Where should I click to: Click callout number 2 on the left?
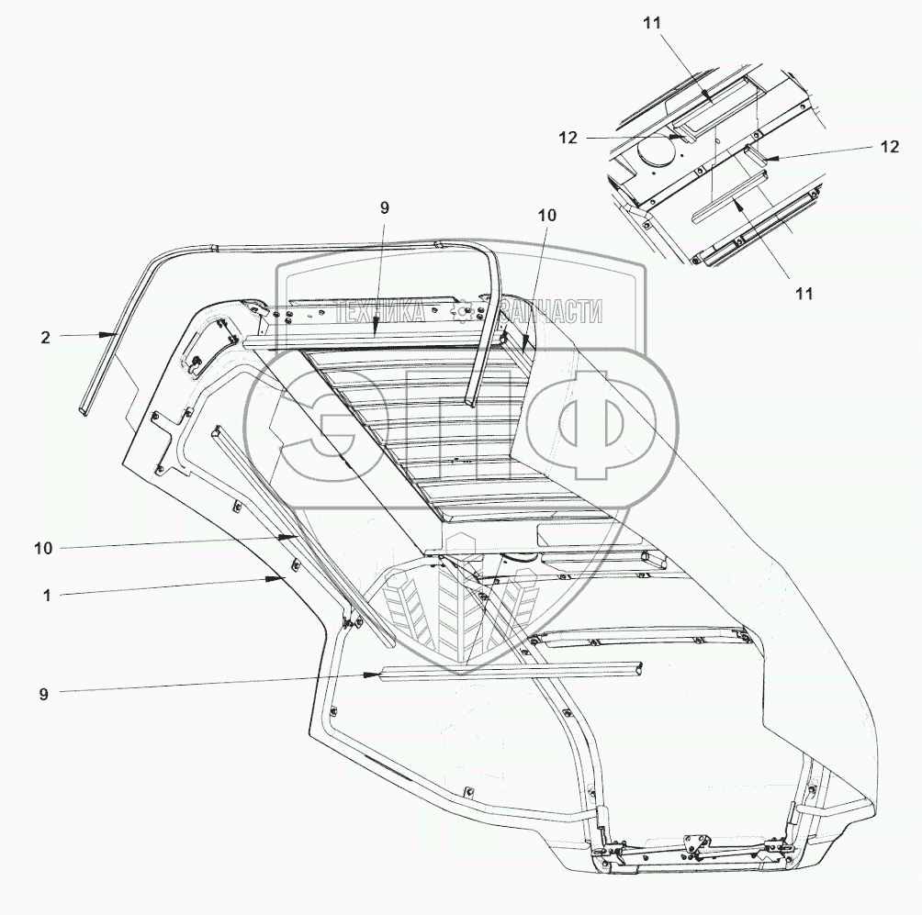click(x=45, y=337)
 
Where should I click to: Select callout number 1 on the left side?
click(x=46, y=595)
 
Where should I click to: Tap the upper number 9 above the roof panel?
click(x=385, y=208)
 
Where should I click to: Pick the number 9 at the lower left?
click(x=43, y=694)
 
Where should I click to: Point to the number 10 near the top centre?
click(x=546, y=215)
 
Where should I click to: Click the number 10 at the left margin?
click(x=42, y=548)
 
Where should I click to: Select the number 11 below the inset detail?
click(x=804, y=294)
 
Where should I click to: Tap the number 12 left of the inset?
click(x=568, y=138)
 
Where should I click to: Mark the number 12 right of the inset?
click(x=889, y=147)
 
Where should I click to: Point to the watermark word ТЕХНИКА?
click(x=378, y=312)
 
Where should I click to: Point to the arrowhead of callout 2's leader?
click(x=115, y=335)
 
